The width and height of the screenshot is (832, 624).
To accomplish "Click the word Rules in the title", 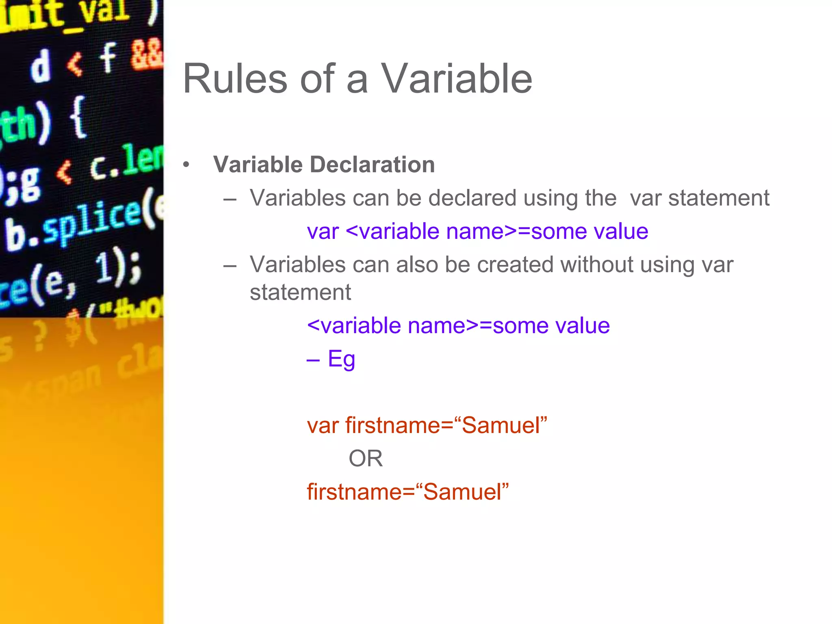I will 235,79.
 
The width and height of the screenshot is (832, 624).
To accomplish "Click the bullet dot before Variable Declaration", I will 186,165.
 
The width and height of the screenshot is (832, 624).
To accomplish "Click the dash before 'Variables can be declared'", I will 230,199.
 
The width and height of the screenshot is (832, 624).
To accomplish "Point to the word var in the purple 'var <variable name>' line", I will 323,232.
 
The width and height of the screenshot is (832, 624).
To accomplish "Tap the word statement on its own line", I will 300,292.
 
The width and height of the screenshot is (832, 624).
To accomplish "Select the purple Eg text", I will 341,359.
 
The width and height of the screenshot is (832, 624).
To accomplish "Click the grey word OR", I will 365,459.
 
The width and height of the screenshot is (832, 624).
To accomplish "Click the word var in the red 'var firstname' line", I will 323,426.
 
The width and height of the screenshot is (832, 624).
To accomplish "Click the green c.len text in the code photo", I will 126,162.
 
